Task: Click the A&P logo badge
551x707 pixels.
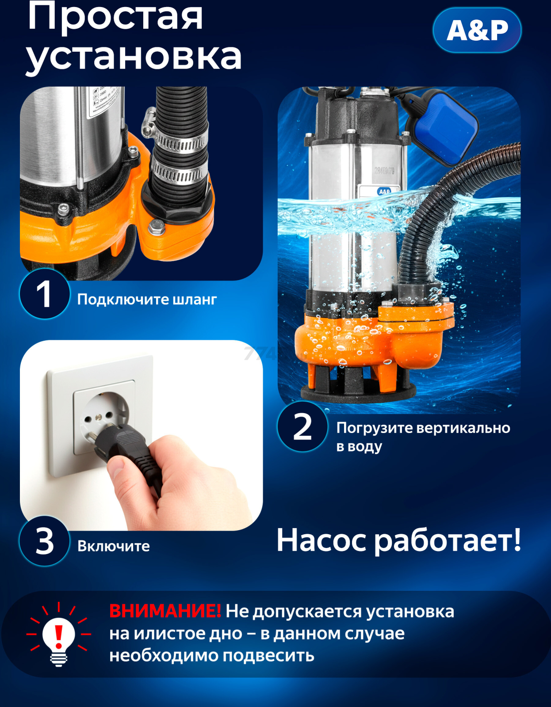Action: (x=477, y=30)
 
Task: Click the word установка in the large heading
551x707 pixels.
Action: (x=134, y=57)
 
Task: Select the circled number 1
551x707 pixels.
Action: (x=44, y=294)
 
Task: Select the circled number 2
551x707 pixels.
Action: (x=302, y=427)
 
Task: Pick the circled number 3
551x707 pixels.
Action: (x=44, y=541)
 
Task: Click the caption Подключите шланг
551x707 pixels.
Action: (x=147, y=300)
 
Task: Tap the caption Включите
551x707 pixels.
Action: (x=114, y=546)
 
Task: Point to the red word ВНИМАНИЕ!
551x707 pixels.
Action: (x=165, y=611)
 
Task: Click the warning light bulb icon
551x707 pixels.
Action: (x=58, y=636)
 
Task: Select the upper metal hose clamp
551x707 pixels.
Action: (x=179, y=141)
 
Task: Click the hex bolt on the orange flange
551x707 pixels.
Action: (x=156, y=228)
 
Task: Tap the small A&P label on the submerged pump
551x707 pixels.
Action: (x=384, y=191)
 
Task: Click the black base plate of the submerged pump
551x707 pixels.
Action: (x=358, y=391)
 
